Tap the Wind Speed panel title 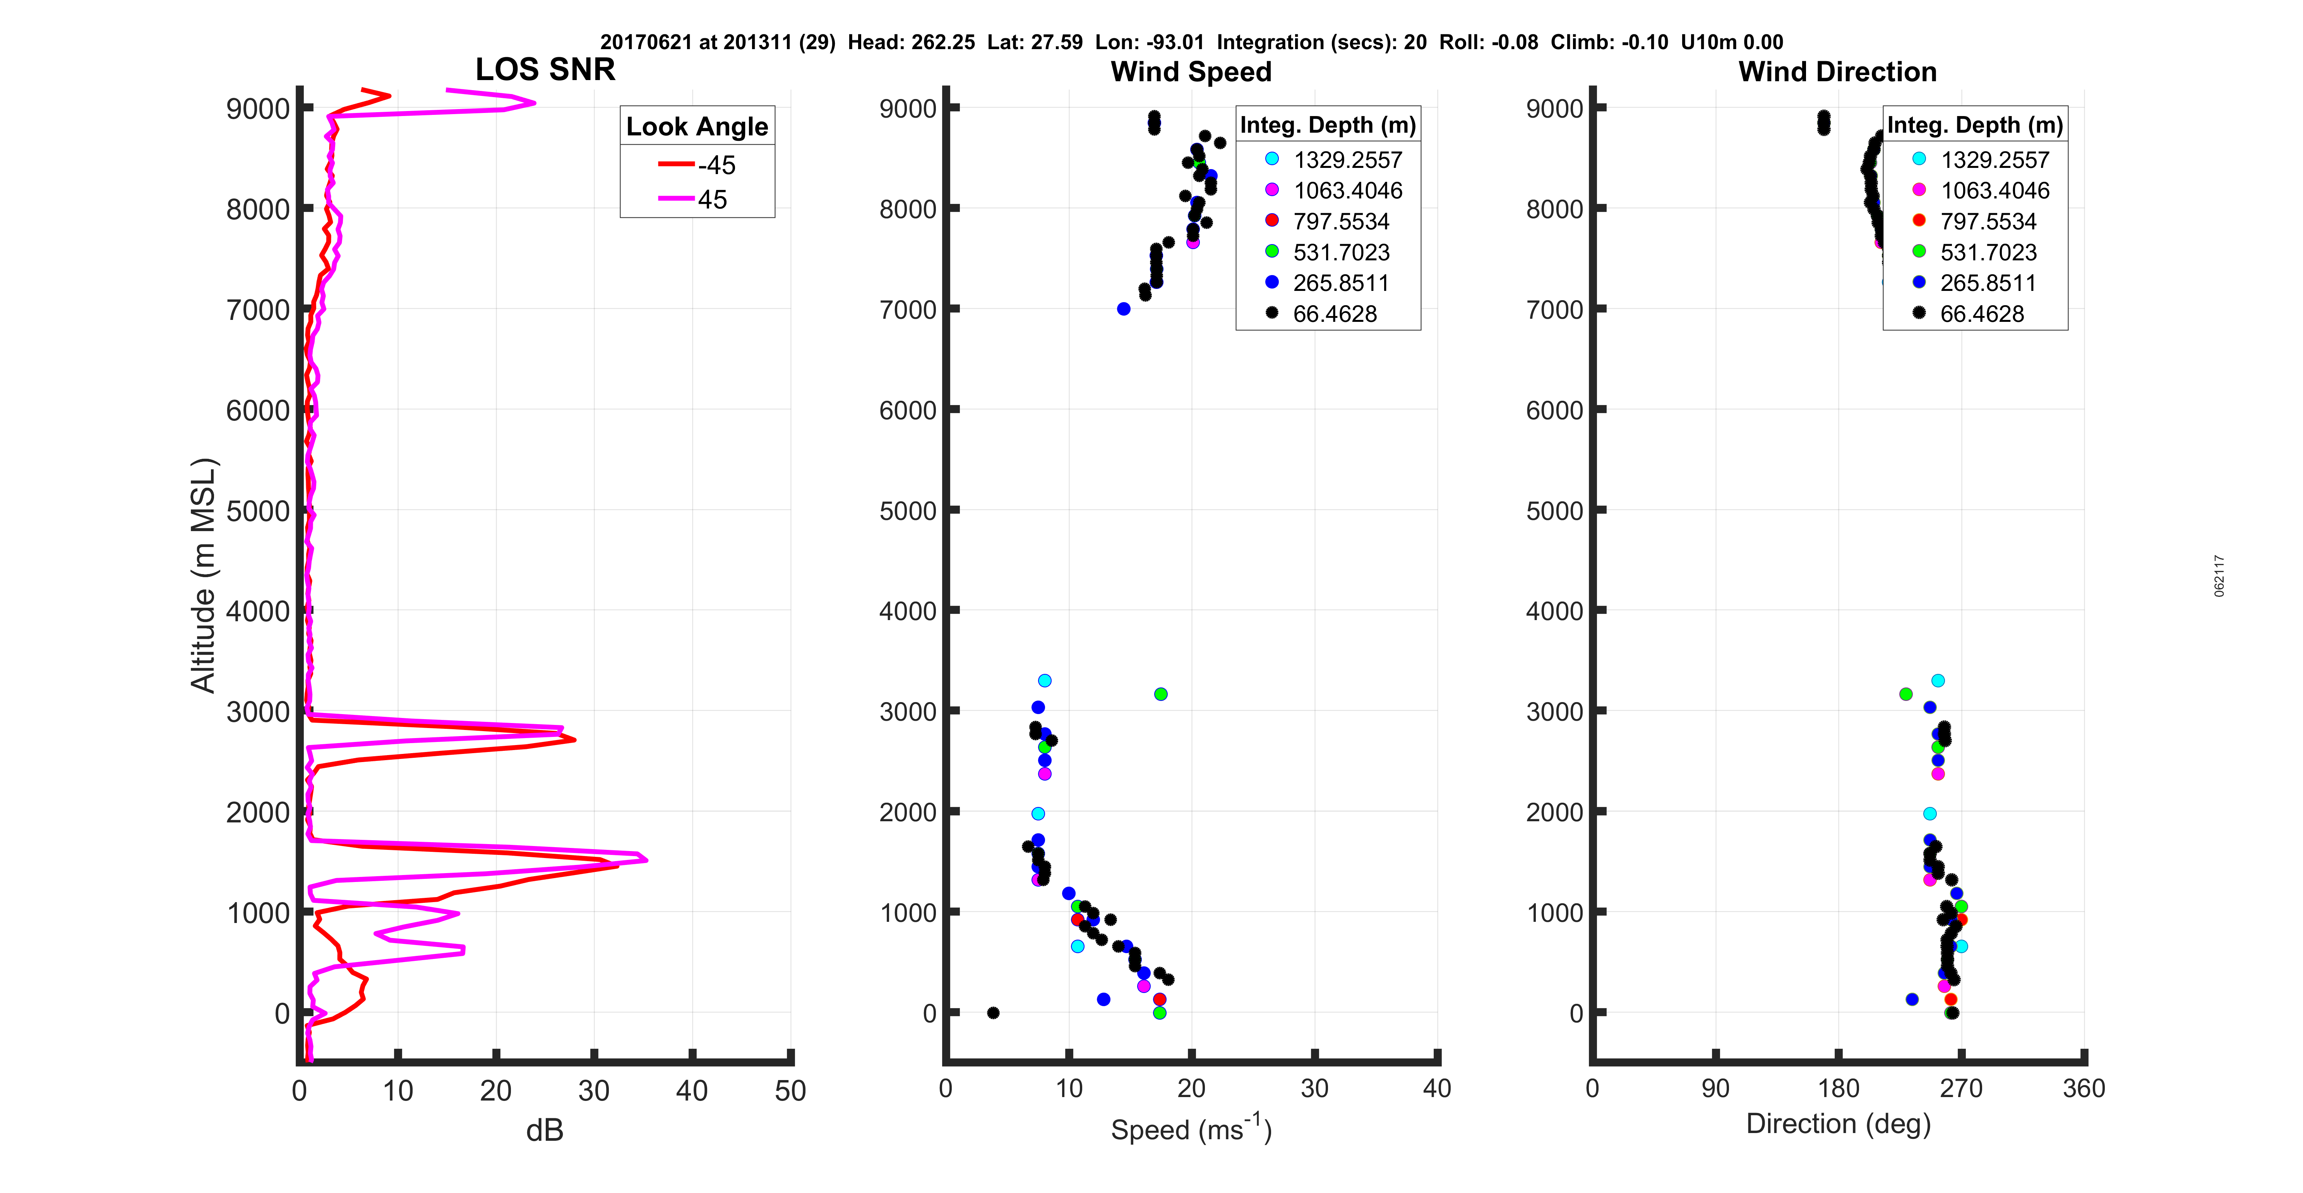tap(1191, 72)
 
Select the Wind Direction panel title tap(1837, 72)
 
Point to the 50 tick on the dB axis tap(790, 1090)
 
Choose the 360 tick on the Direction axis tap(2083, 1089)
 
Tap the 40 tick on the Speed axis tap(1437, 1089)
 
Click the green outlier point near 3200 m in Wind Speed tap(1160, 694)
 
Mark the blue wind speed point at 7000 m tap(1124, 309)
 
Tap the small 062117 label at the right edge tap(2219, 576)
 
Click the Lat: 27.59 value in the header tap(1034, 42)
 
